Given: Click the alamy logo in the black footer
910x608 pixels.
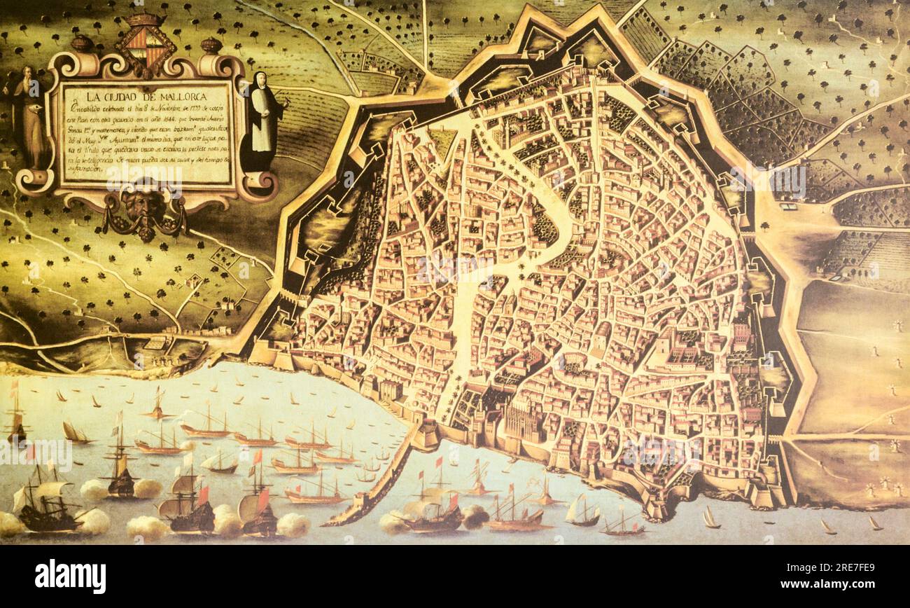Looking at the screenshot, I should point(70,576).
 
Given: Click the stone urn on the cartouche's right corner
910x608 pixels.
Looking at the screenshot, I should point(211,46).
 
